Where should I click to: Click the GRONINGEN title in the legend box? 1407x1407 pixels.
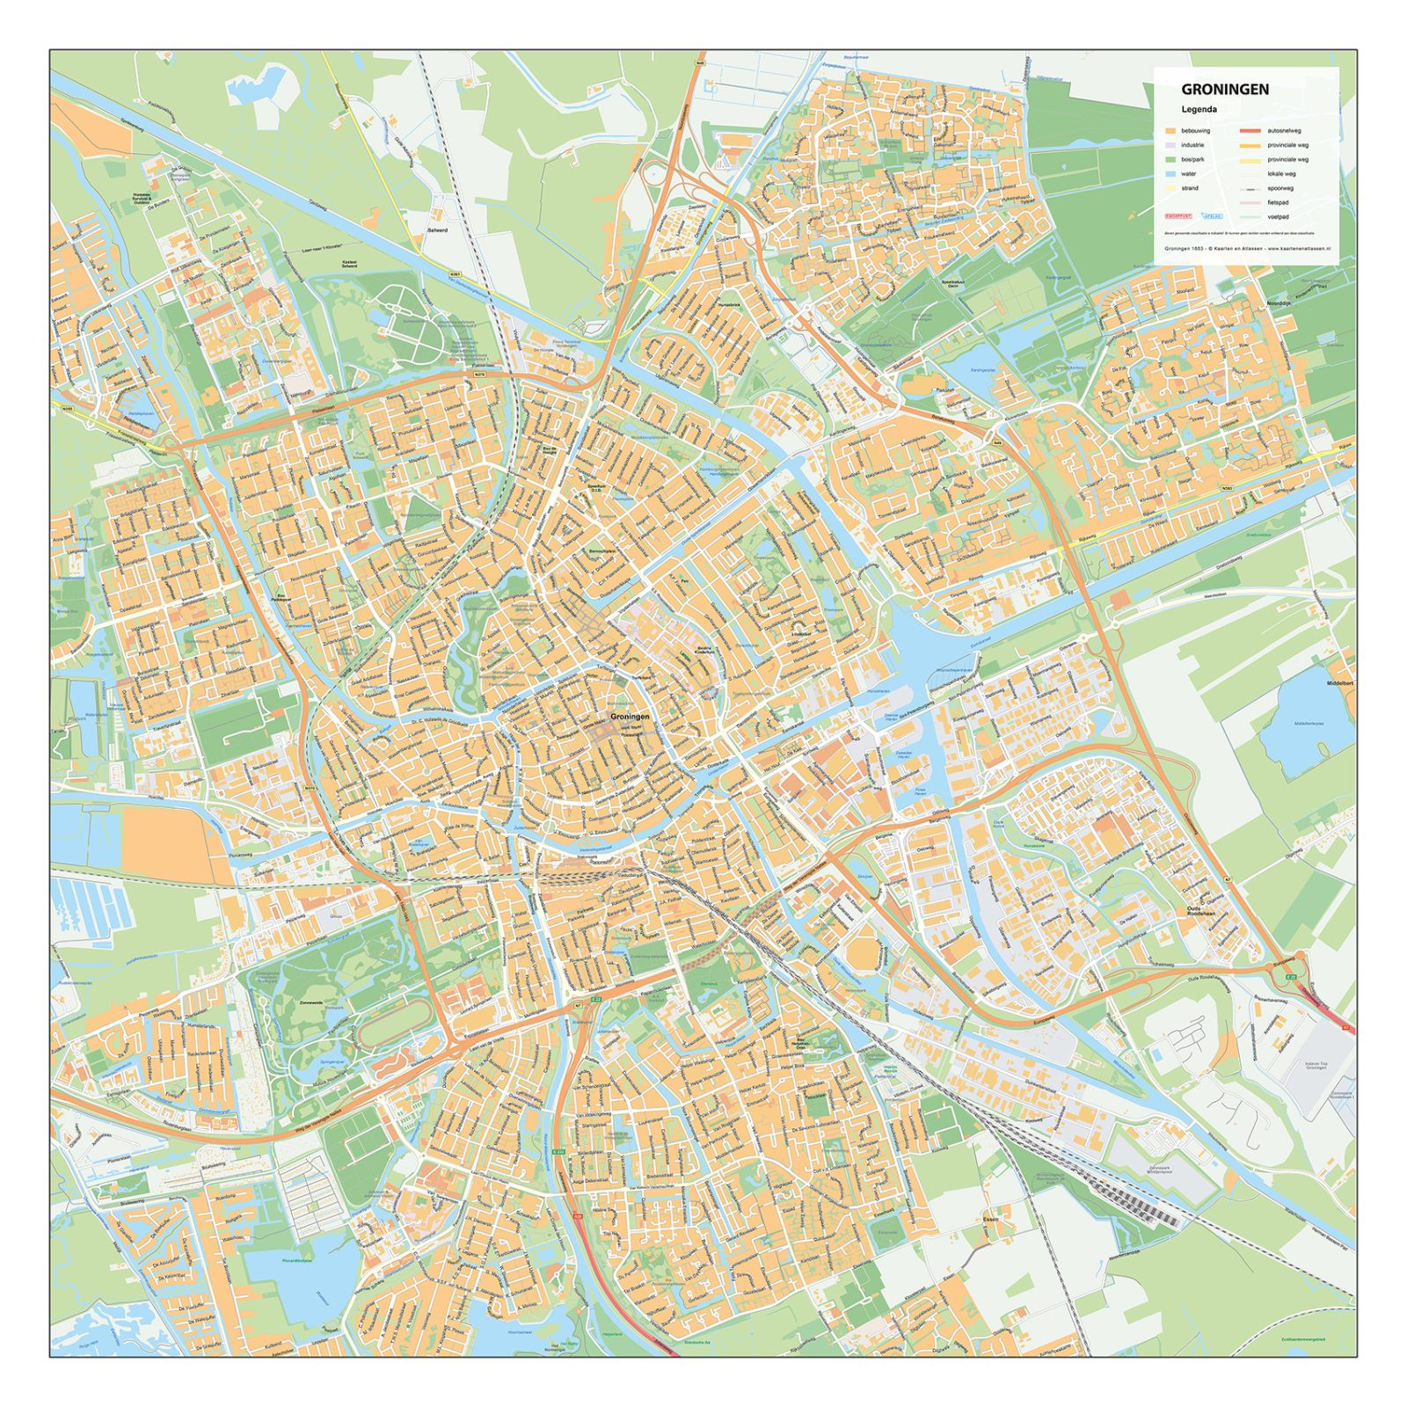click(x=1224, y=89)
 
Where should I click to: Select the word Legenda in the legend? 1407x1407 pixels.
click(x=1199, y=110)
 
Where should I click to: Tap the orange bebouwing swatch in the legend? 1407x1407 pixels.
click(x=1170, y=131)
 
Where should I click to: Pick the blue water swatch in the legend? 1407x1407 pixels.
click(x=1170, y=174)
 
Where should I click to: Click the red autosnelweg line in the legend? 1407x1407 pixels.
click(x=1250, y=131)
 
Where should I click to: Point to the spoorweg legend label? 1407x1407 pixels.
click(x=1279, y=188)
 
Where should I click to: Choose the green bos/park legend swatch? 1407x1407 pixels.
click(x=1170, y=159)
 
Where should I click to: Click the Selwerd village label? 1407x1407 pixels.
click(x=437, y=230)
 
